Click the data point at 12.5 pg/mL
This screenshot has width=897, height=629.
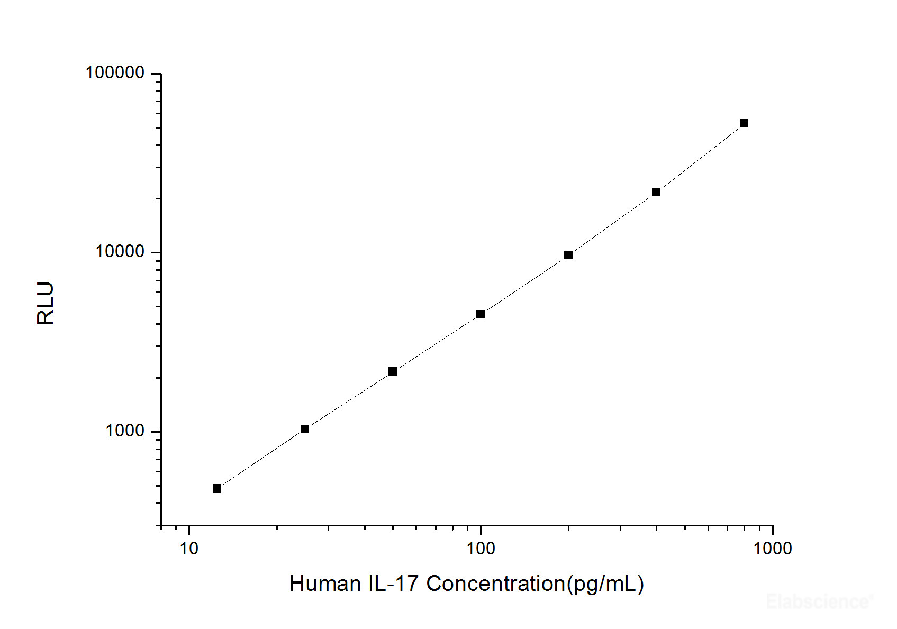(217, 488)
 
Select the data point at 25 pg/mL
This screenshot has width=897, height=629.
(305, 429)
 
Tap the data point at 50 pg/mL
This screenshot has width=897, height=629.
(393, 371)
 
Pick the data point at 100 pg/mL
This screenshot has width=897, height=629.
(481, 314)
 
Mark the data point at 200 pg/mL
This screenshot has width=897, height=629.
(568, 255)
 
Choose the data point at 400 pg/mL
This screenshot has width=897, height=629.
(656, 192)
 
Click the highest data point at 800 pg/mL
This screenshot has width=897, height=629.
(744, 123)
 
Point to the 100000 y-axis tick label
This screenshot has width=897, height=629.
(115, 72)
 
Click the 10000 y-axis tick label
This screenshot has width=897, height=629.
(120, 251)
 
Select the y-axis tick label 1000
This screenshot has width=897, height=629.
(125, 431)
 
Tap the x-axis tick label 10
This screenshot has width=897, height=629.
(189, 549)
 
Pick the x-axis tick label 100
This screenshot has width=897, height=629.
(481, 549)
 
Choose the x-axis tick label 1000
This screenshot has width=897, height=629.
(773, 549)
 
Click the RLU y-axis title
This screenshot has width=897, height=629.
(46, 303)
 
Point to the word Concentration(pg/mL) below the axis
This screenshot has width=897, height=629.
(535, 584)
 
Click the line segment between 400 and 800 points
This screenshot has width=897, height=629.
(700, 158)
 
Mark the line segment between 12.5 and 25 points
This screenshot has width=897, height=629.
(261, 459)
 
